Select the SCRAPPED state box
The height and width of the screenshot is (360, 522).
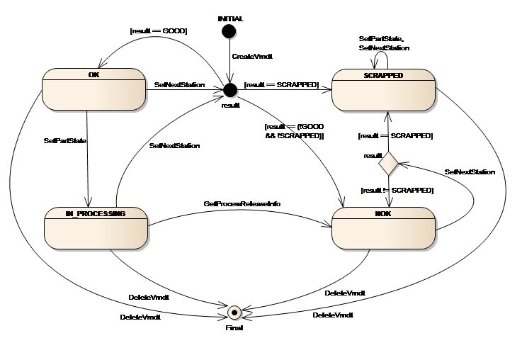pos(383,89)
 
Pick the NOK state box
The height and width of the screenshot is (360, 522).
pos(383,227)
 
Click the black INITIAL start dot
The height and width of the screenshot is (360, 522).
pos(228,30)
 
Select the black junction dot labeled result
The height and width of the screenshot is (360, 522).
pos(229,89)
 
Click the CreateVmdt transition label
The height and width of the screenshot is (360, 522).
pos(248,55)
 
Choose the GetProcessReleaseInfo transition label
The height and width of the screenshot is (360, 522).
pos(242,203)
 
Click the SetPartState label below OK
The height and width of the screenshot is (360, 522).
pos(64,141)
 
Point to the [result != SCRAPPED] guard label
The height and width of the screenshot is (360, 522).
pos(397,190)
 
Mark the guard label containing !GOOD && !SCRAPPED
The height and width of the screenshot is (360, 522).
pos(293,130)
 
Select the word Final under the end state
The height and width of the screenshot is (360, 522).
pos(234,328)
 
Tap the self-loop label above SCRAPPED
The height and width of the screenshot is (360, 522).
pos(383,43)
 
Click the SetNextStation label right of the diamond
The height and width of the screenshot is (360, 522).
pos(469,171)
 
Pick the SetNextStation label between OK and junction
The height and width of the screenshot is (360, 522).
pos(179,84)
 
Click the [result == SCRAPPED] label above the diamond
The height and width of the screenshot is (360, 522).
pos(396,135)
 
